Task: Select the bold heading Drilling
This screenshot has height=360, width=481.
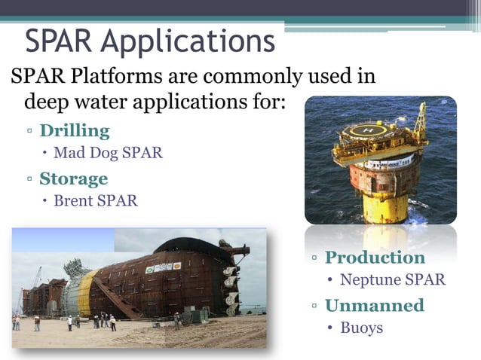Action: (74, 131)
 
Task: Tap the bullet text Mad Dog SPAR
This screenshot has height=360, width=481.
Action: (107, 154)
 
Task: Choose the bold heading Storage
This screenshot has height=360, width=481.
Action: (73, 178)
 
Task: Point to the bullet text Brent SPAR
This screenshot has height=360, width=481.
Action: (95, 201)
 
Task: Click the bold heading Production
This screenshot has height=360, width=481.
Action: (375, 258)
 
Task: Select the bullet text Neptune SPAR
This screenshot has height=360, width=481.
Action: (392, 280)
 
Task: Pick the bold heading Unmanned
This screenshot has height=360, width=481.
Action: (374, 305)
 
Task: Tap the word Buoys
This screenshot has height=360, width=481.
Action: (361, 328)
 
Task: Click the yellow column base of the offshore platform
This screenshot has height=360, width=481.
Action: (384, 205)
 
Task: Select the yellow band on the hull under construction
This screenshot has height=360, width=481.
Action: (86, 293)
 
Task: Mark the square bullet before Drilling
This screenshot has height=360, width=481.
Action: (29, 132)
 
